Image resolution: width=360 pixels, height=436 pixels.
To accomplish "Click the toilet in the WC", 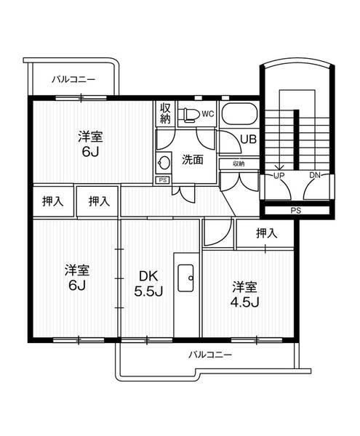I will [x=190, y=113].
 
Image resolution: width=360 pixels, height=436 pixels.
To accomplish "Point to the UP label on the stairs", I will [x=279, y=175].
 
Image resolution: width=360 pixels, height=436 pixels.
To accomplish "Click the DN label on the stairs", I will [x=316, y=175].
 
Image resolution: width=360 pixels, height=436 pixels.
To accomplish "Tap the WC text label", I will [x=207, y=113].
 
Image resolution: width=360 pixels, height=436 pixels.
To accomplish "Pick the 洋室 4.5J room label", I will [x=245, y=294].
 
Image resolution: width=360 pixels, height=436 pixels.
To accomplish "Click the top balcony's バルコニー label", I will [x=73, y=80].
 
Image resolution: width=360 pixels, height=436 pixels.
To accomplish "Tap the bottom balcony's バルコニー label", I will [x=209, y=354].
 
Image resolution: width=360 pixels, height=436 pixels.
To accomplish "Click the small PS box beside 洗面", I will [x=162, y=179].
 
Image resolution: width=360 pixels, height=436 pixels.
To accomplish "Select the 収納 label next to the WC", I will [x=166, y=115].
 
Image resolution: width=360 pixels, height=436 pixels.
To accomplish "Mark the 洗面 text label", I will [x=192, y=160].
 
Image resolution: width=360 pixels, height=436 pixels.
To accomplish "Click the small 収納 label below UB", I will [x=239, y=164].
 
